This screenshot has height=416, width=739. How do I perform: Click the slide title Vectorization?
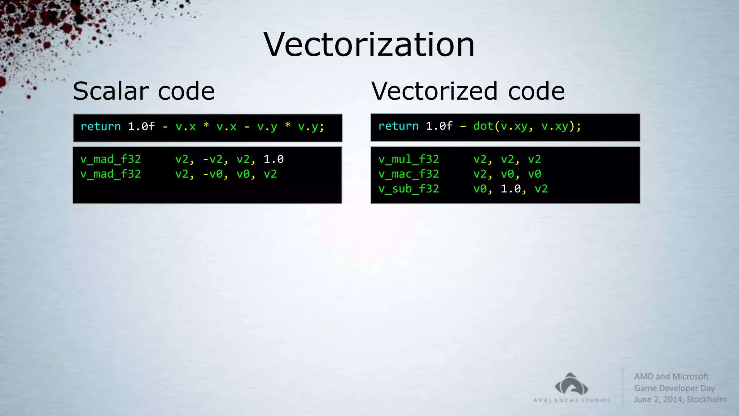tap(369, 44)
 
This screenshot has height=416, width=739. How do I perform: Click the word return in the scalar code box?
tap(100, 126)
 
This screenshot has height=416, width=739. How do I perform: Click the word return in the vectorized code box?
tap(398, 126)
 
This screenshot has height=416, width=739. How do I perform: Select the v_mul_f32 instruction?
tap(408, 159)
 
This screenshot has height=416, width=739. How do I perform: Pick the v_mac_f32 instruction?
tap(408, 174)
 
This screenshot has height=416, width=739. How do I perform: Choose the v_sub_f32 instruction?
tap(408, 188)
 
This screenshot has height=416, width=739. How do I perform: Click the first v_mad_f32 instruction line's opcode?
tap(110, 159)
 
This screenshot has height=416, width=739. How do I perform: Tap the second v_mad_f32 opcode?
tap(110, 174)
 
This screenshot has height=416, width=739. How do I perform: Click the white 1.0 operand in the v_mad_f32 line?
tap(274, 159)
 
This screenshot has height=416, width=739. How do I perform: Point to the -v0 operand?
tap(213, 174)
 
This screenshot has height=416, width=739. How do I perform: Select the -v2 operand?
tap(213, 159)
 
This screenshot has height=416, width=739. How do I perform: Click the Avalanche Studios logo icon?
tap(572, 385)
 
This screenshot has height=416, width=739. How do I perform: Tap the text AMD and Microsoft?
tap(671, 376)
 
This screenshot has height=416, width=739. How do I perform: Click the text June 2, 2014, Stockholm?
tap(680, 399)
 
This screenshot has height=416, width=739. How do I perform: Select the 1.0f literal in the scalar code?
tap(141, 126)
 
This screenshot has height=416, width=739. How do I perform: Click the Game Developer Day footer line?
tap(674, 388)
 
